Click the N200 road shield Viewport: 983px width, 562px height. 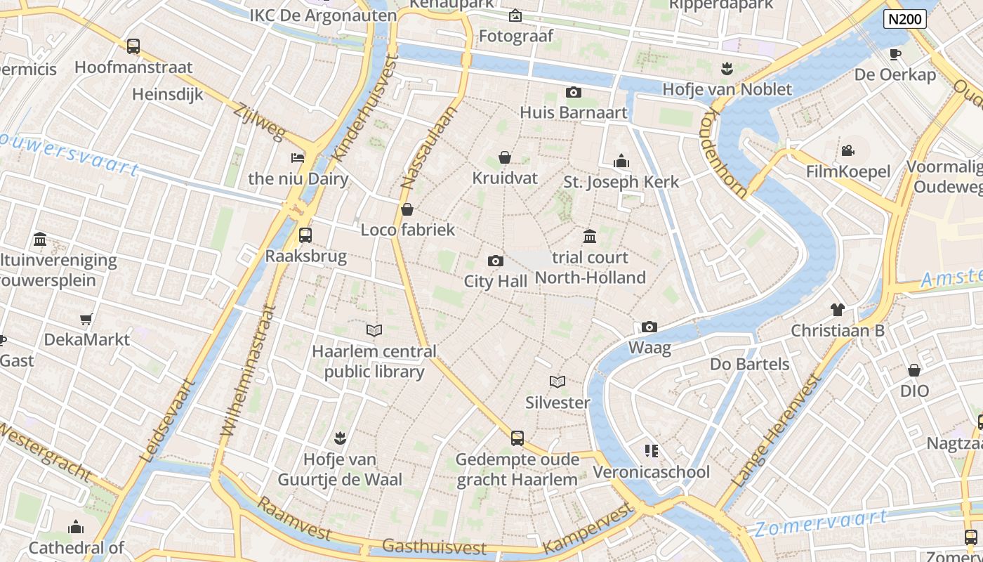(904, 19)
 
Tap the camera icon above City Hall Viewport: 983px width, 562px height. (495, 261)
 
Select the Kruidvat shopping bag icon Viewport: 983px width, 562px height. (504, 157)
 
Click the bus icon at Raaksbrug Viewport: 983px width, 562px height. (305, 235)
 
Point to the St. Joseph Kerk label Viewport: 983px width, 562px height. (621, 182)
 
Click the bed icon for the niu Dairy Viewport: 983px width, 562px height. (298, 157)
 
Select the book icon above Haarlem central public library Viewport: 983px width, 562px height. (374, 330)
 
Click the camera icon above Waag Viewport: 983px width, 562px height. (649, 327)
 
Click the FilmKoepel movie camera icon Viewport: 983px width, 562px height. (847, 150)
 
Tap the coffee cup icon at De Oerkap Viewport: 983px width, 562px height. (895, 54)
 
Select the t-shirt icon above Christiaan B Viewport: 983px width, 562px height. (837, 309)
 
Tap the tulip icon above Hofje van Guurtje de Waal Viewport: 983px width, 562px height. (340, 438)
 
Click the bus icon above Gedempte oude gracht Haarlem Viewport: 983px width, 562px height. (517, 438)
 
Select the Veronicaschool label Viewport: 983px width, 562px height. (652, 472)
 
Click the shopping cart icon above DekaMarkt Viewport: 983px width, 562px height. (86, 320)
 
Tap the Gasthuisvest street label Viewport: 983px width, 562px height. (434, 547)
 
